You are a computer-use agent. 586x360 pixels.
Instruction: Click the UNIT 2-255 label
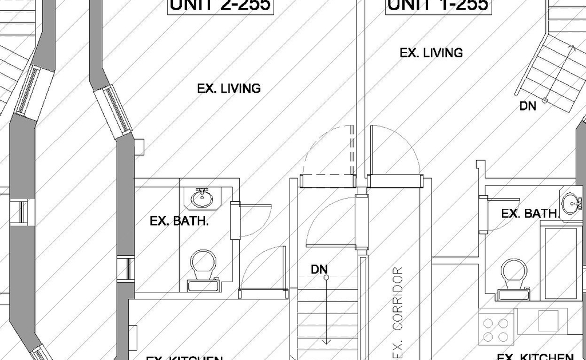pyautogui.click(x=220, y=5)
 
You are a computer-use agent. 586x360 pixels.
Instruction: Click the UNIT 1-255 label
pyautogui.click(x=439, y=5)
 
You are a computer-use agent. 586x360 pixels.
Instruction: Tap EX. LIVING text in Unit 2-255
pyautogui.click(x=229, y=89)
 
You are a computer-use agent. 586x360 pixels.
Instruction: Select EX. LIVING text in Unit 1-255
pyautogui.click(x=431, y=53)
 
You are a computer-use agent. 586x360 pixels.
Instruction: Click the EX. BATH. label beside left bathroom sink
pyautogui.click(x=179, y=221)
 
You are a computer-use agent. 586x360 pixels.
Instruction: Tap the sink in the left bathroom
pyautogui.click(x=201, y=198)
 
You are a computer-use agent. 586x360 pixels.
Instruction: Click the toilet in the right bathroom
pyautogui.click(x=513, y=276)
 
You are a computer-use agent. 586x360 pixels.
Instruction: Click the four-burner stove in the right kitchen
pyautogui.click(x=496, y=329)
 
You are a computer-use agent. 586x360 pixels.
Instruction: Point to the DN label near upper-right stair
pyautogui.click(x=528, y=106)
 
